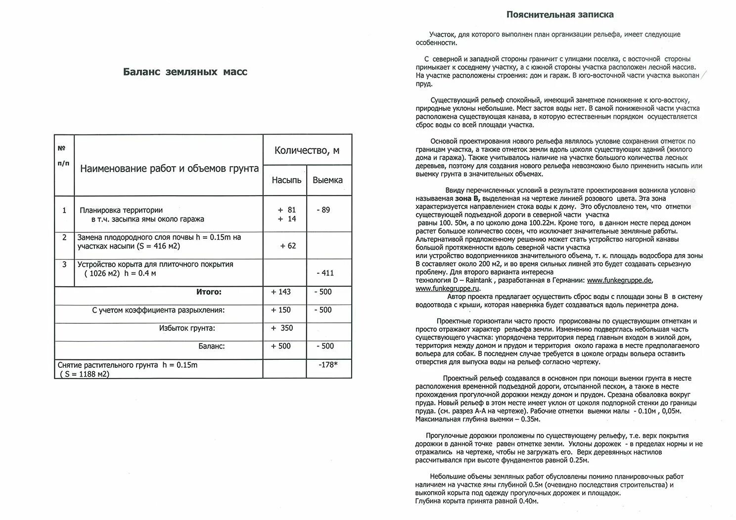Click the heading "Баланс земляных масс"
185,72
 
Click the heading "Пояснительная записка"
560,15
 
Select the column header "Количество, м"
307,150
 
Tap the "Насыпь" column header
286,180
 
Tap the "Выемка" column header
327,180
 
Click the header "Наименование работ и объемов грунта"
169,169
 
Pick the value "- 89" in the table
323,210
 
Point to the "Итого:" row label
209,292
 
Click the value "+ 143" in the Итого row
281,292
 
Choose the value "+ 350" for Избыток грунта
282,328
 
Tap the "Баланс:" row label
212,347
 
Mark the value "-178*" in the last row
328,365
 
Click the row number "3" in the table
64,264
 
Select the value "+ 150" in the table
281,310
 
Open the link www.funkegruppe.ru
447,289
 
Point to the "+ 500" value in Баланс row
281,347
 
